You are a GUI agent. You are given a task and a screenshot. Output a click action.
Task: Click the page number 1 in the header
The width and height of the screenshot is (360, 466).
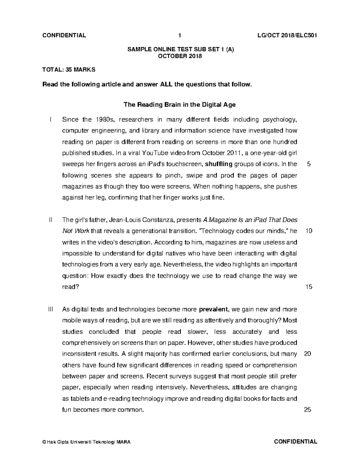tap(180, 36)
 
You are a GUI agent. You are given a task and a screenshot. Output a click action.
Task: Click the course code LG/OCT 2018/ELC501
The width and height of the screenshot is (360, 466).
tap(285, 36)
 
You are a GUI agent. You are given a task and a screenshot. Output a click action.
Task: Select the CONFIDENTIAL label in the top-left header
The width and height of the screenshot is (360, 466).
tap(64, 36)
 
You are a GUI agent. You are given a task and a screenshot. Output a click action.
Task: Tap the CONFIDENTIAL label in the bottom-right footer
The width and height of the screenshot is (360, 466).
tap(295, 441)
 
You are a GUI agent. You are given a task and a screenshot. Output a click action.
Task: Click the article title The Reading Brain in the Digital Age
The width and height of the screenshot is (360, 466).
tap(180, 105)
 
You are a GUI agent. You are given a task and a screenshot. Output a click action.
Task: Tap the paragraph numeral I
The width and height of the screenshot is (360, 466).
tap(51, 119)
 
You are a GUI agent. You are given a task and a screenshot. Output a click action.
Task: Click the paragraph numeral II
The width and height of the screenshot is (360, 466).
tap(50, 220)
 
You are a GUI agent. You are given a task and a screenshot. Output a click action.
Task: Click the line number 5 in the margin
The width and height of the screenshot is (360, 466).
tap(309, 164)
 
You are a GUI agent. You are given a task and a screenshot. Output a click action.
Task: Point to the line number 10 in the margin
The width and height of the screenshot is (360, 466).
tap(309, 231)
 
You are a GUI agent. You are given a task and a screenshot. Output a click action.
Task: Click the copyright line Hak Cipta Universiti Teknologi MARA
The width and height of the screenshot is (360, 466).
tap(86, 442)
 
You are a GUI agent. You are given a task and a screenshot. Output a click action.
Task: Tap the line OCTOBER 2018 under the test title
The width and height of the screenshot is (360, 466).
tap(180, 56)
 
